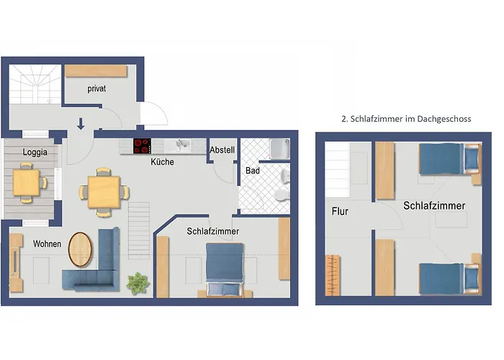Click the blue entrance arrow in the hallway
tap(81, 124)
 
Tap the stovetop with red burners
tap(142, 146)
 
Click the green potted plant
tap(138, 283)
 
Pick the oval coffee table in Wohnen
tap(80, 249)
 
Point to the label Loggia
tap(35, 152)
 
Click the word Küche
tap(162, 162)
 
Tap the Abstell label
tap(222, 150)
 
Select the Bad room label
tap(253, 171)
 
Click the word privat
tap(96, 89)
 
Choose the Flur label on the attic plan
tap(340, 211)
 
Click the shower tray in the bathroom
tap(280, 148)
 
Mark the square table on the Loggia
tap(27, 183)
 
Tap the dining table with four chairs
tap(104, 192)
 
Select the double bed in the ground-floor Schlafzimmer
tap(225, 269)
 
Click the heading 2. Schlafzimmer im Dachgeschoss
tap(406, 119)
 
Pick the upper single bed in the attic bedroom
tap(449, 159)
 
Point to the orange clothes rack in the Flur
tap(333, 275)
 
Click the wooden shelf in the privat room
tap(96, 71)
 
